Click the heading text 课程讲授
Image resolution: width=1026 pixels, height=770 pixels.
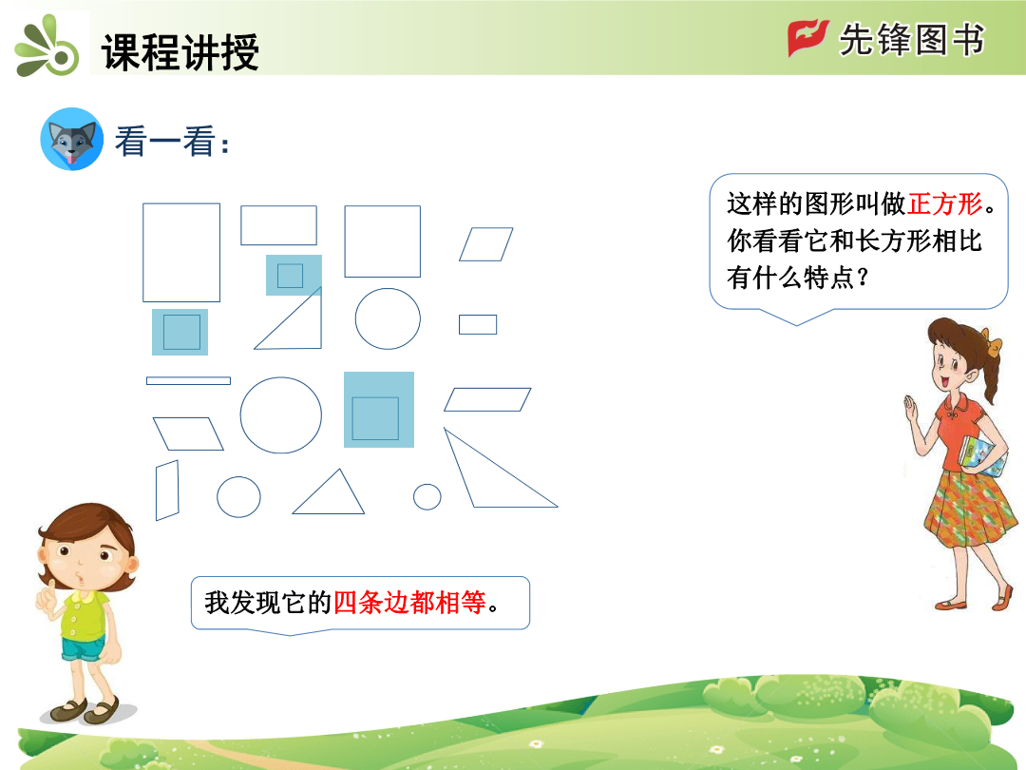click(180, 51)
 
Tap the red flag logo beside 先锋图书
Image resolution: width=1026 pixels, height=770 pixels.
click(807, 38)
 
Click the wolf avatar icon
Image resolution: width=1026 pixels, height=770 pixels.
click(72, 139)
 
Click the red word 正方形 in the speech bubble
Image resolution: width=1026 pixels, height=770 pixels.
click(945, 203)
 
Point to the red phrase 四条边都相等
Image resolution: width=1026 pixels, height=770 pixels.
click(409, 603)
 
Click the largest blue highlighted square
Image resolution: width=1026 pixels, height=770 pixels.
click(379, 410)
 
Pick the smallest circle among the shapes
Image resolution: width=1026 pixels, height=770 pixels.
click(427, 496)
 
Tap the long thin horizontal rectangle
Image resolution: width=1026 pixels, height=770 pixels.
click(188, 380)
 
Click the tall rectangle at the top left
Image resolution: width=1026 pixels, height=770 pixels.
click(143, 253)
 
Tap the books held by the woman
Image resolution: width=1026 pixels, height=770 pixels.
click(982, 456)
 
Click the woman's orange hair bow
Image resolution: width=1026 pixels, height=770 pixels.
click(994, 344)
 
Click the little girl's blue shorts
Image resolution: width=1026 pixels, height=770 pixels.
click(83, 648)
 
